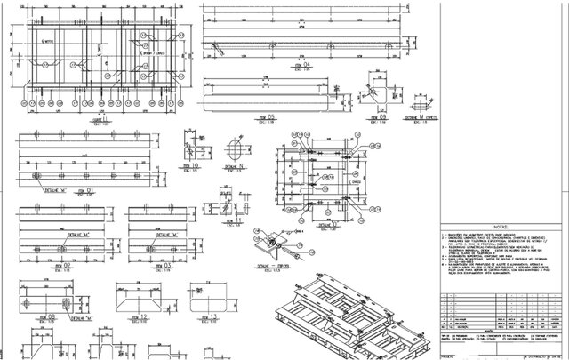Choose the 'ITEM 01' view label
pos(84,190)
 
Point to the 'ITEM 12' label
pos(139,316)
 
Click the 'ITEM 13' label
pos(210,316)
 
